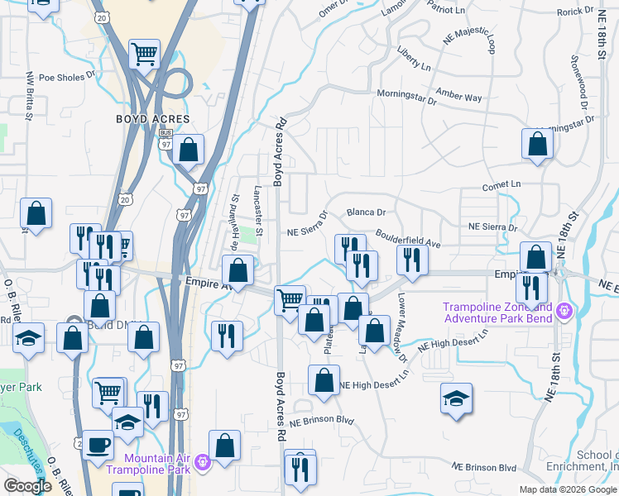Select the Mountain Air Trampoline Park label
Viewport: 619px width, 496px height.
(157, 464)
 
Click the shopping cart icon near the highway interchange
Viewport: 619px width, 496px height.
(144, 55)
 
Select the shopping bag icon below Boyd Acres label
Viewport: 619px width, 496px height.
(189, 150)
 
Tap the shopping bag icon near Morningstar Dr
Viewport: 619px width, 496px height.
(537, 143)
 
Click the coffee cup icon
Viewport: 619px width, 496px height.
(98, 445)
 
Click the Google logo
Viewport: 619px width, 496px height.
(27, 487)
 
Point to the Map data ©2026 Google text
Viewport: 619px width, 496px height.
(568, 489)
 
